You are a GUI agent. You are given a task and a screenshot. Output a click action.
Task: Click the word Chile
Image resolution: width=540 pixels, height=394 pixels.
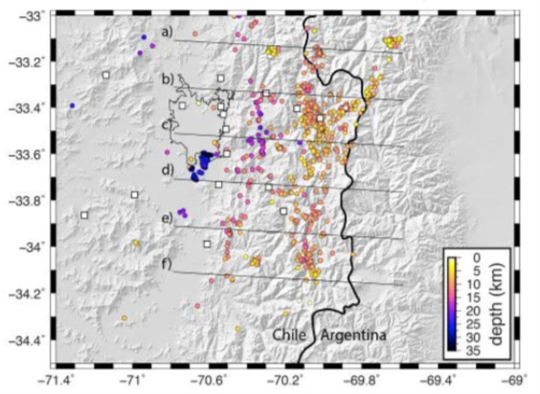(x=289, y=336)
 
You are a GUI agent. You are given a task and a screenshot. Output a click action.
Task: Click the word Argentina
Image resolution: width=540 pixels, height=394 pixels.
(x=354, y=336)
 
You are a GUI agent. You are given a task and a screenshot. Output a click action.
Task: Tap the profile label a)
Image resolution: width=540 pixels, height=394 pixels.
(x=167, y=32)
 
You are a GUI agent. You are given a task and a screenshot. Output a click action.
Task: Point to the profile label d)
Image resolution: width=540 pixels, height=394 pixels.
(x=167, y=171)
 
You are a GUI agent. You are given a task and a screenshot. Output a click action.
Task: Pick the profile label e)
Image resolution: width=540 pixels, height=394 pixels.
(x=167, y=218)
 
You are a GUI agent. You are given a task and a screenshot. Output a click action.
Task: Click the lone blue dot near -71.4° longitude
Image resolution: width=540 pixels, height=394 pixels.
(x=72, y=106)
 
